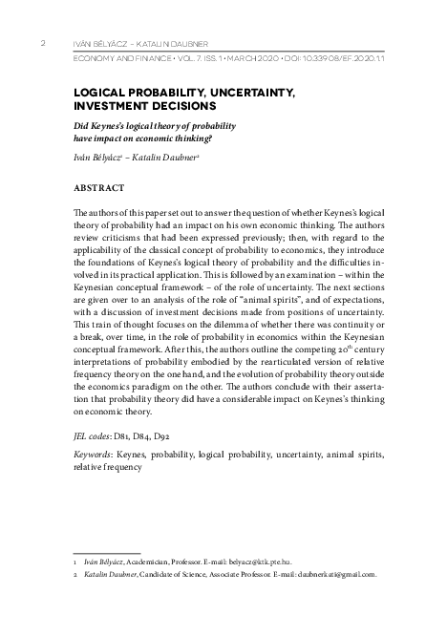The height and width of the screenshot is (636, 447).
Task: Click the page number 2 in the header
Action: tap(42, 43)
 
